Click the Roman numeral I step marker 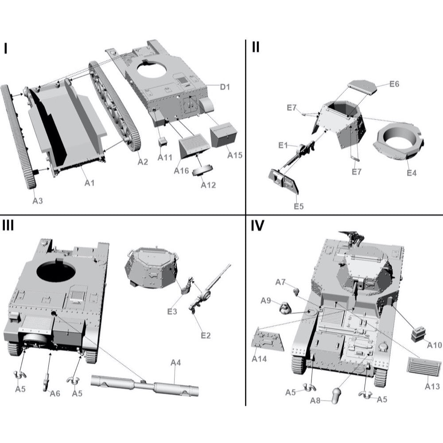(x=6, y=48)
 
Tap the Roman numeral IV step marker (x=257, y=226)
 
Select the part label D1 (x=225, y=87)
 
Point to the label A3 (x=38, y=200)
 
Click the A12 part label (x=208, y=185)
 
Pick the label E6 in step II (x=394, y=84)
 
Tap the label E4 (x=412, y=173)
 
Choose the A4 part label (x=176, y=363)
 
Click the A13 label (x=432, y=386)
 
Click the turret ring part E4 (x=399, y=142)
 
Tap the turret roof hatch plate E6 (x=362, y=86)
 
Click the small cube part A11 (x=163, y=141)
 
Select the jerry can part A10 (x=419, y=334)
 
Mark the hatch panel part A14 (x=268, y=340)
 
